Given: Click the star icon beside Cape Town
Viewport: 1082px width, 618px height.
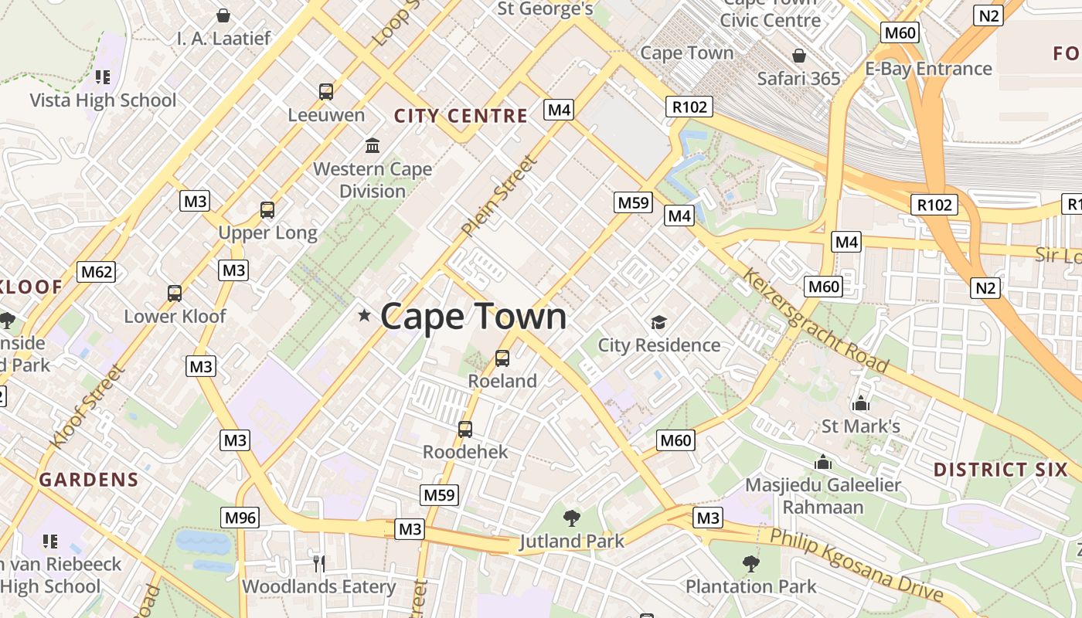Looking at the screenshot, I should pyautogui.click(x=364, y=315).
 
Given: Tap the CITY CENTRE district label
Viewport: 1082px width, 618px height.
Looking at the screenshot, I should pyautogui.click(x=461, y=117).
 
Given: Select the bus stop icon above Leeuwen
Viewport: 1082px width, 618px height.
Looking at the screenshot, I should pyautogui.click(x=326, y=92).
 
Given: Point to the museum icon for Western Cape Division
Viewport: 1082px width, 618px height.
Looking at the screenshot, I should pyautogui.click(x=373, y=145).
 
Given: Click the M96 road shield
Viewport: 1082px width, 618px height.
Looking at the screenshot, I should pyautogui.click(x=240, y=518).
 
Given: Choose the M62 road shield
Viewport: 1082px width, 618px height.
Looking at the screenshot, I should pyautogui.click(x=97, y=272).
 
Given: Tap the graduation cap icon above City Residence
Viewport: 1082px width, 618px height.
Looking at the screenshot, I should pyautogui.click(x=658, y=322).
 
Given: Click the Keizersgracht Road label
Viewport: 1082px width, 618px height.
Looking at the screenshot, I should pyautogui.click(x=816, y=321).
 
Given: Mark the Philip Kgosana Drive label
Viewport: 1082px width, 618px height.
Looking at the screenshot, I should pyautogui.click(x=856, y=565).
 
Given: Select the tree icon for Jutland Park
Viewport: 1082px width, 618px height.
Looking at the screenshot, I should pyautogui.click(x=572, y=518).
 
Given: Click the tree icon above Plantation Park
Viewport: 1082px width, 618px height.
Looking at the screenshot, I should pyautogui.click(x=750, y=563).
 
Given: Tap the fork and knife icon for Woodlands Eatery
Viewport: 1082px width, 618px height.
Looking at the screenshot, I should pyautogui.click(x=317, y=563).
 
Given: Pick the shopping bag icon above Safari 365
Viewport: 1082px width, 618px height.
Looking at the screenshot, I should pyautogui.click(x=799, y=56).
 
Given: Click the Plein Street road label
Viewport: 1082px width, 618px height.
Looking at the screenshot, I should pyautogui.click(x=499, y=196).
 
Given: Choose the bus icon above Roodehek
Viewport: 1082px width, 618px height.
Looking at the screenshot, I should pyautogui.click(x=465, y=429).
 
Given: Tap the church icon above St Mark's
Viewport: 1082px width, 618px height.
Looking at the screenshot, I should pyautogui.click(x=860, y=403).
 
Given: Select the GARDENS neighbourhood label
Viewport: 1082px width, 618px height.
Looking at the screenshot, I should pyautogui.click(x=89, y=480).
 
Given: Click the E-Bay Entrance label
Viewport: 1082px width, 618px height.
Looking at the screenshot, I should pyautogui.click(x=928, y=69).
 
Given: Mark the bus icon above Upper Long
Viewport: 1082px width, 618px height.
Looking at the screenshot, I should pyautogui.click(x=267, y=209).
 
